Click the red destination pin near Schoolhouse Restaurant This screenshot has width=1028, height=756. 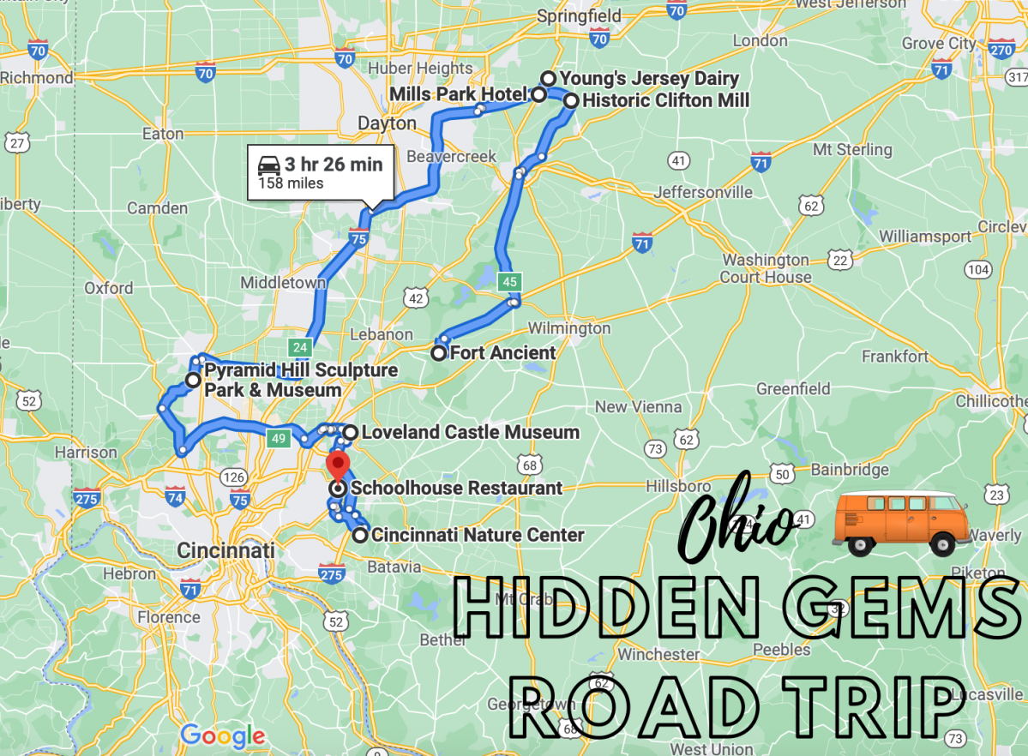pos(338,467)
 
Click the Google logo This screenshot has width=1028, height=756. pos(222,735)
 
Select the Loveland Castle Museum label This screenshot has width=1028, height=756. pos(470,432)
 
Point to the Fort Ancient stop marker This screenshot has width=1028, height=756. pos(439,353)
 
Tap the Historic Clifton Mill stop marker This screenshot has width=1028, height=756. pos(570,100)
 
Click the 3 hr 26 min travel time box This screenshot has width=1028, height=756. pos(321,171)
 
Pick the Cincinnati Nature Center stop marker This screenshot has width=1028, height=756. pos(360,536)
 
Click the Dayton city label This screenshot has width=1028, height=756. pos(387,123)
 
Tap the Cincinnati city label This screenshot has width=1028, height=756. pos(225,549)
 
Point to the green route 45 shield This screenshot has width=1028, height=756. pos(510,281)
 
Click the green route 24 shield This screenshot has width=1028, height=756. pos(300,347)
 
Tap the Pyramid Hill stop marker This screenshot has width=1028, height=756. pos(194,381)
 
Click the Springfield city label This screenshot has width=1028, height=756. pos(578,15)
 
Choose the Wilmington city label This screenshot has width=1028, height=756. pos(568,328)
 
